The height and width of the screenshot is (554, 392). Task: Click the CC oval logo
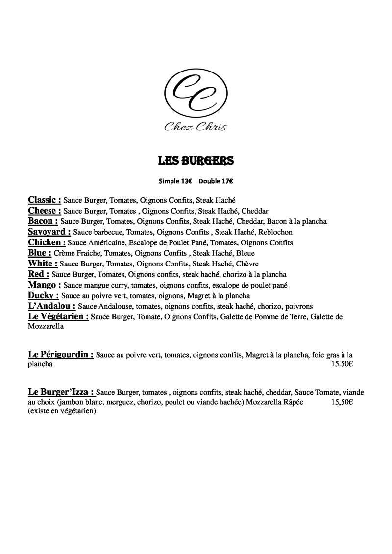pyautogui.click(x=196, y=94)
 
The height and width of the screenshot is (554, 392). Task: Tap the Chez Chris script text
pyautogui.click(x=196, y=127)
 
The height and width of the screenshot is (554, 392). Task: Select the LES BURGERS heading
pyautogui.click(x=196, y=161)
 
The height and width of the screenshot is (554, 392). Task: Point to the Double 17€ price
pyautogui.click(x=216, y=181)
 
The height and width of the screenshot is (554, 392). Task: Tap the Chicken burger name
pyautogui.click(x=47, y=242)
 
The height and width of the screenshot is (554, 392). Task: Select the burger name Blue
pyautogui.click(x=40, y=253)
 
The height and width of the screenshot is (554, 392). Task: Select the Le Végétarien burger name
pyautogui.click(x=58, y=317)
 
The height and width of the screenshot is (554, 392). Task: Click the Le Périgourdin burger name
pyautogui.click(x=61, y=354)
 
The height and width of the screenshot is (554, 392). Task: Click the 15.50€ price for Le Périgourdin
pyautogui.click(x=342, y=364)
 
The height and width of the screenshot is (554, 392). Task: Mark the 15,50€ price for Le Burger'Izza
pyautogui.click(x=342, y=402)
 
